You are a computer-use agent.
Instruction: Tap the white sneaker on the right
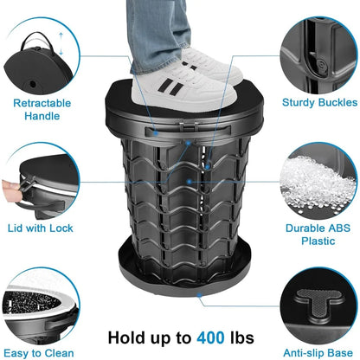click(x=213, y=67)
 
